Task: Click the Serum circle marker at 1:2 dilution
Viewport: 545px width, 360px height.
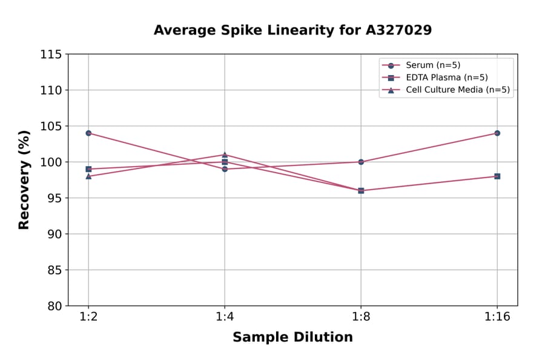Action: [x=88, y=133]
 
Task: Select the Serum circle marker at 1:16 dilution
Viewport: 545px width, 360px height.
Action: [x=497, y=133]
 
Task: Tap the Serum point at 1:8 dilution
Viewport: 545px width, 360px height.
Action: [x=361, y=162]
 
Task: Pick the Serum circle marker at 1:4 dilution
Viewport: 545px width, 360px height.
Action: [x=225, y=169]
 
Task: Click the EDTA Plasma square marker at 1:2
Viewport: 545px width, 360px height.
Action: [x=88, y=169]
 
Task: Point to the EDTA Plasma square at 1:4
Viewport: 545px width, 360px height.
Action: [x=225, y=162]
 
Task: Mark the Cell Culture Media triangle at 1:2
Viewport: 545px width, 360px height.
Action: [x=88, y=176]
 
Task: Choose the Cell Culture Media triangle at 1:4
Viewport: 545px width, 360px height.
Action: [x=225, y=155]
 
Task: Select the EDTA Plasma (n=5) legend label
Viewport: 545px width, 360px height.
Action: [x=446, y=78]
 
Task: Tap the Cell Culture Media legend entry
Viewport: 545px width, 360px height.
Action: [x=457, y=90]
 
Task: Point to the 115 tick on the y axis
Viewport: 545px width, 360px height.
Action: [x=51, y=55]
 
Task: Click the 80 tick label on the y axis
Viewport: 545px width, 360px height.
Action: [x=54, y=306]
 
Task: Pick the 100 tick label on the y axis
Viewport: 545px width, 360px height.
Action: [x=51, y=162]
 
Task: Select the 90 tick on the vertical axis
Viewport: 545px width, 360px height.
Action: [x=54, y=234]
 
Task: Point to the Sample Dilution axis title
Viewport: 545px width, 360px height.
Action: [x=292, y=338]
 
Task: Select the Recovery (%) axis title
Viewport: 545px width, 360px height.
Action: [x=24, y=179]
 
